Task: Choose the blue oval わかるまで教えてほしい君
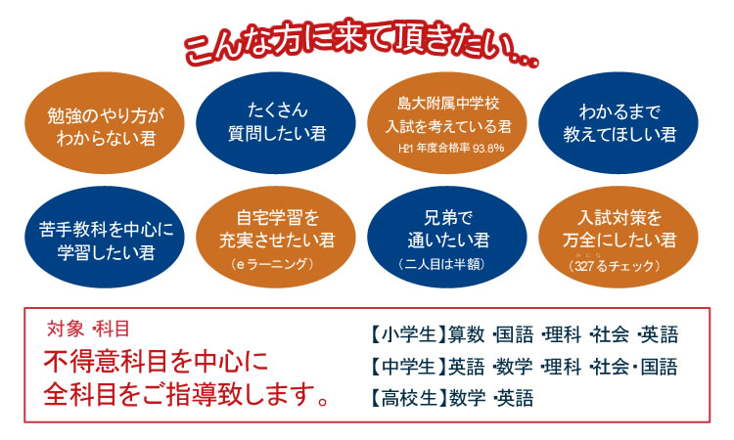pyautogui.click(x=619, y=122)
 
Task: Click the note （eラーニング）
pyautogui.click(x=272, y=265)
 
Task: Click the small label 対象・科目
pyautogui.click(x=88, y=327)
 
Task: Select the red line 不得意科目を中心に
pyautogui.click(x=156, y=361)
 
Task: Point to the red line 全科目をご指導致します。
pyautogui.click(x=185, y=395)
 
